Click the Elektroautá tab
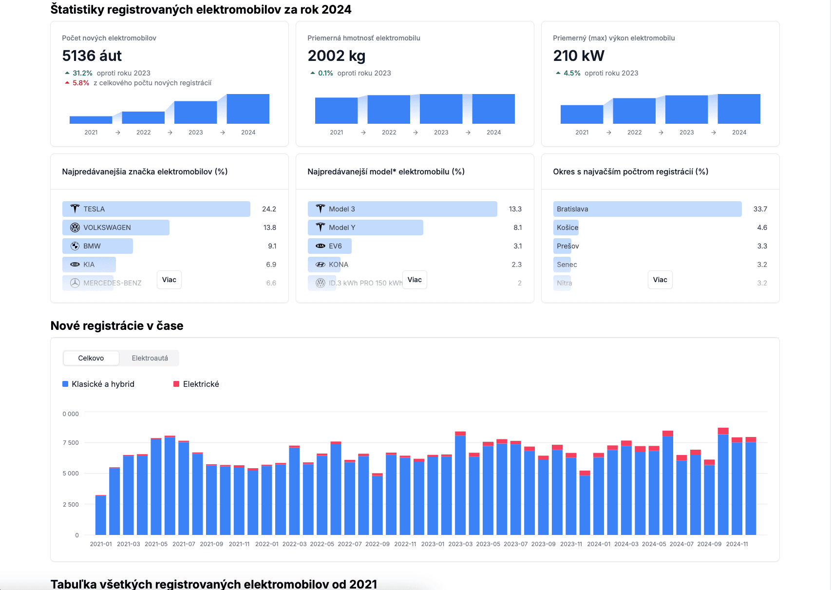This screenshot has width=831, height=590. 150,358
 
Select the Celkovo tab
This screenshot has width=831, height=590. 91,358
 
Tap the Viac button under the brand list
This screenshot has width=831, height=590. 169,280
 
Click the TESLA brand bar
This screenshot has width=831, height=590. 156,209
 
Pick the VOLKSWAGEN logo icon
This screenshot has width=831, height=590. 75,228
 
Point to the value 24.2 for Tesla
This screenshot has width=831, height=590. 269,209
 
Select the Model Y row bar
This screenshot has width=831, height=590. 365,228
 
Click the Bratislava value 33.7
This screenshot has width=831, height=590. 760,209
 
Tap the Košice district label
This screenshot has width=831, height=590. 567,228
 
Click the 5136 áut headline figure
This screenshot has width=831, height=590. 92,56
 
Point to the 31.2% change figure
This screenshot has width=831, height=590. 82,73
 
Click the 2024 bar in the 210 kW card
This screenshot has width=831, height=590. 739,109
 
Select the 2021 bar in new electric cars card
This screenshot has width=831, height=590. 91,120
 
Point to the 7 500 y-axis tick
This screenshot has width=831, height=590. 71,443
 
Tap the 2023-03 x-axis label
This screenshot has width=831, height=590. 460,544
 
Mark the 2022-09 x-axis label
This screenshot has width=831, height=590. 378,544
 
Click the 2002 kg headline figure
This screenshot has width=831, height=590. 337,56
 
